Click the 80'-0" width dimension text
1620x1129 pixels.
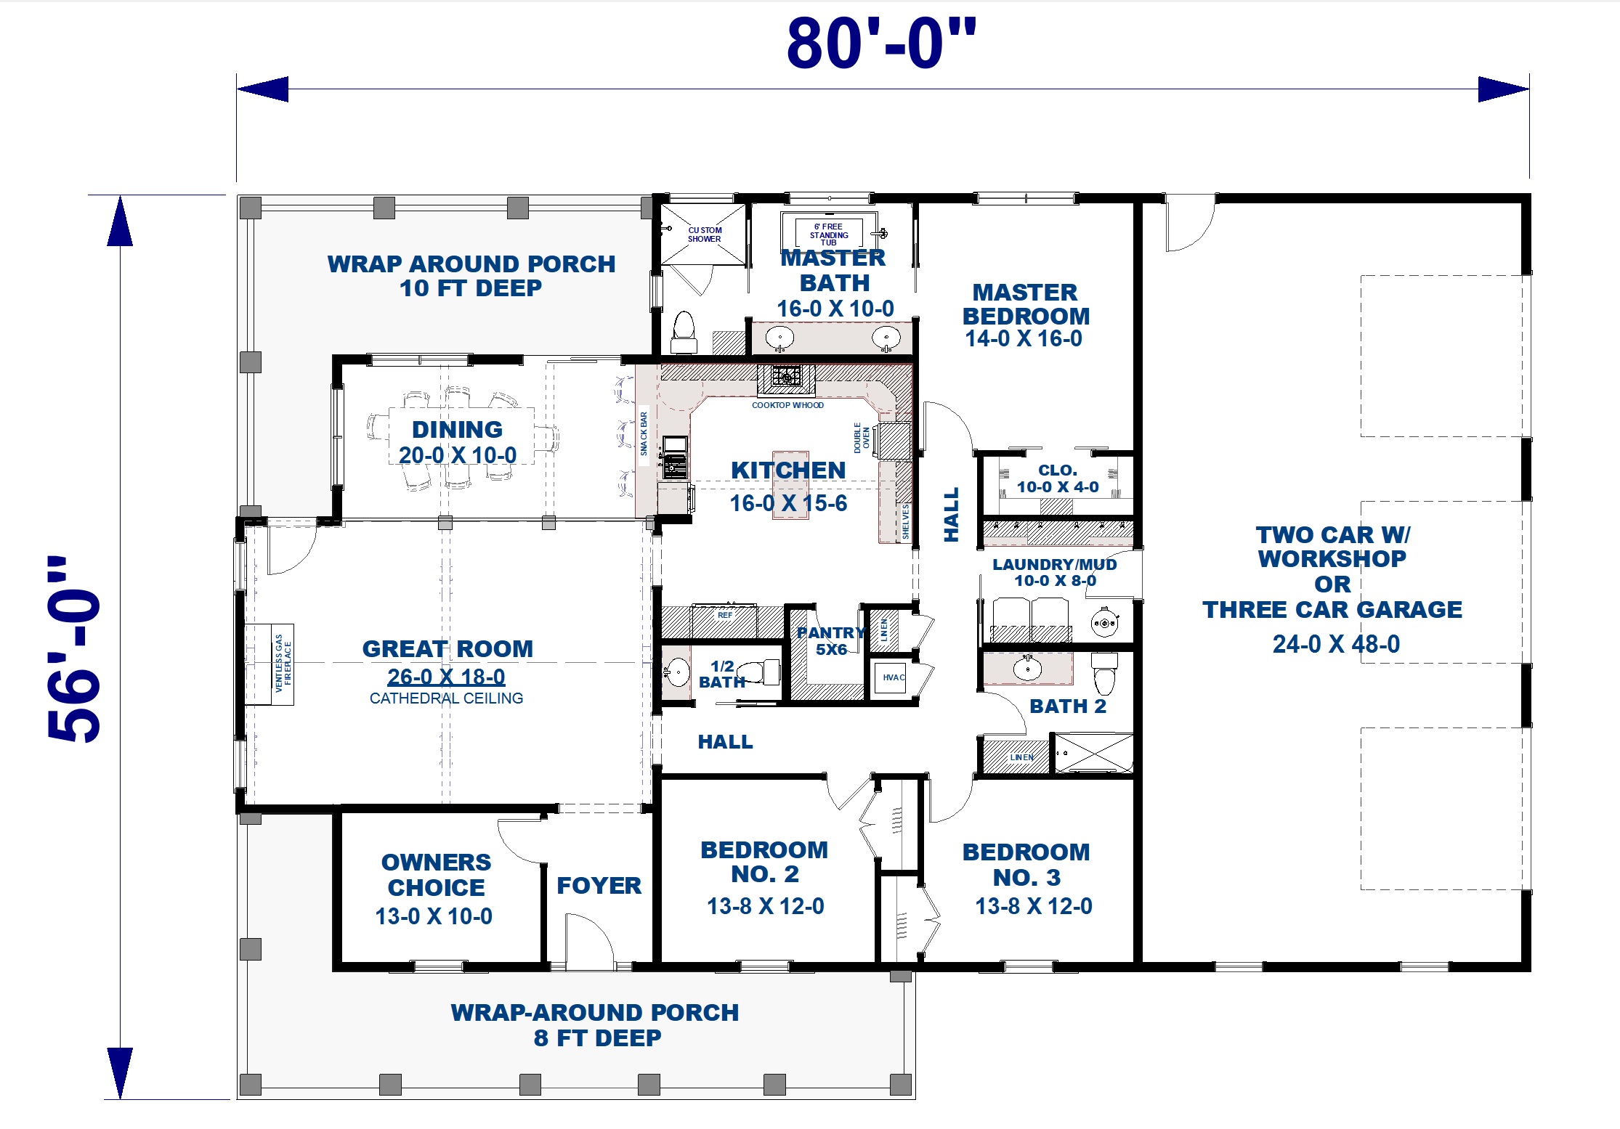click(881, 44)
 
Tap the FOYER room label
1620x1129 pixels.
click(599, 886)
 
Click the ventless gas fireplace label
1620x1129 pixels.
click(283, 664)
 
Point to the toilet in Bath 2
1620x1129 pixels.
click(1104, 673)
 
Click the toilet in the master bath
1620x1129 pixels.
click(684, 332)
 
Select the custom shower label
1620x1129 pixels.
click(705, 235)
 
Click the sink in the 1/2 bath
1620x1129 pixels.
click(677, 672)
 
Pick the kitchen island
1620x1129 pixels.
click(790, 484)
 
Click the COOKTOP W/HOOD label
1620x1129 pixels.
click(787, 405)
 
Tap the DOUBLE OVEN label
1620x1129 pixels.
click(862, 438)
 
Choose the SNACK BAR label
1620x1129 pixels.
click(644, 434)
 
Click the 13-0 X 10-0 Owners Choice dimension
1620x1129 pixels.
click(434, 916)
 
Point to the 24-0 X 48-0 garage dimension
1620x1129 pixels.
click(1336, 644)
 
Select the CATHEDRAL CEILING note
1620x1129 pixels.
click(446, 698)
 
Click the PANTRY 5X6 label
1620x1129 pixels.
click(831, 641)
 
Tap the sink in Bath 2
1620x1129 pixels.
click(1026, 668)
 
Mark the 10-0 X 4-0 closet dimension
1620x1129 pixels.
click(1058, 487)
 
